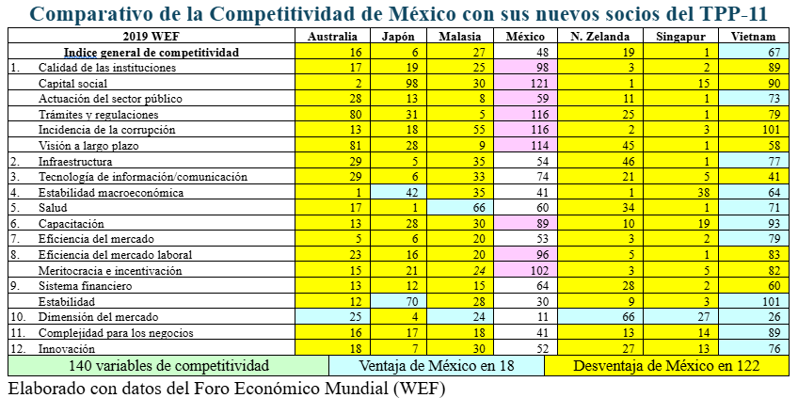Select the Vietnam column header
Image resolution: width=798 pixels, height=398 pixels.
pos(754,36)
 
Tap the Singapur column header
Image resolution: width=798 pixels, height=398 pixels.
pos(682,36)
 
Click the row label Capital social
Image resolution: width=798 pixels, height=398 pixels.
pos(74,84)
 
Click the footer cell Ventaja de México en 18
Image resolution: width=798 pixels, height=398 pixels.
pos(436,365)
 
